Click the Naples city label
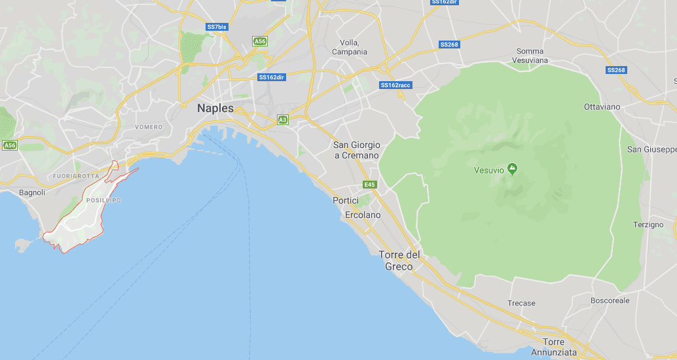(x=215, y=109)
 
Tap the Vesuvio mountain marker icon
(x=512, y=170)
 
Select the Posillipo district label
(x=103, y=200)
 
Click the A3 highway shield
(x=282, y=120)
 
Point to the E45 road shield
(x=371, y=185)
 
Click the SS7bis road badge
(x=217, y=27)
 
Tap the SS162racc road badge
(x=396, y=85)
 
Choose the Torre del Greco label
(x=399, y=261)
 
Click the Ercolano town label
(x=363, y=215)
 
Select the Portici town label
(x=346, y=200)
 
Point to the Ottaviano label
(x=602, y=106)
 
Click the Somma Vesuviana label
(x=532, y=56)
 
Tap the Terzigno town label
(x=648, y=225)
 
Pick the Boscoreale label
(x=610, y=300)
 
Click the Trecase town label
(x=521, y=303)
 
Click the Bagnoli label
(x=32, y=192)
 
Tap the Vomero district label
(x=148, y=127)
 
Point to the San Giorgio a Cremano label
(x=356, y=150)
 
